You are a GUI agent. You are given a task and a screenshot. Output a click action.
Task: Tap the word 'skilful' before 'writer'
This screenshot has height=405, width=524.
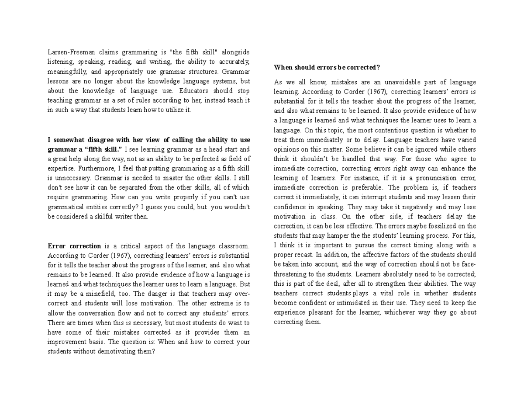tap(99, 217)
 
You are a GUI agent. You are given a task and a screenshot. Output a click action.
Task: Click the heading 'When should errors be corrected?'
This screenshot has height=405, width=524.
tap(327, 67)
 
